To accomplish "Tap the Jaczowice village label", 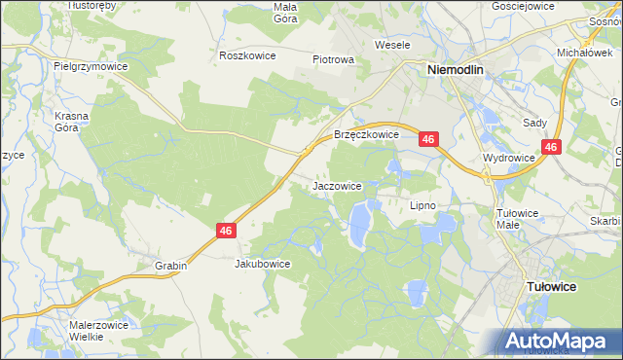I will (338, 185).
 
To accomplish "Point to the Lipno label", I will (422, 205).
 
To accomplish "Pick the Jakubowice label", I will (263, 264).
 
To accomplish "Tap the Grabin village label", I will (170, 265).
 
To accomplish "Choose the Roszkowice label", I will (248, 55).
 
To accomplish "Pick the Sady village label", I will (535, 124).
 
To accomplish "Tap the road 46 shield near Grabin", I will (226, 231).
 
